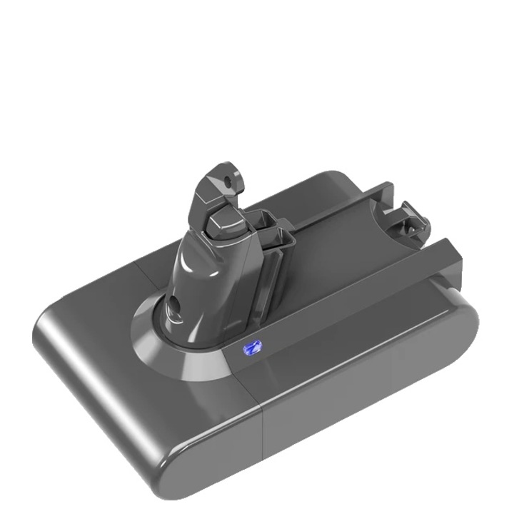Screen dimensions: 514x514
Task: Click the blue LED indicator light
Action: pyautogui.click(x=251, y=348)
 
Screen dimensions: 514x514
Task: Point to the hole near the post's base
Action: pyautogui.click(x=174, y=308)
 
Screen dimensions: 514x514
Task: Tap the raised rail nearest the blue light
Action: pyautogui.click(x=357, y=286)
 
